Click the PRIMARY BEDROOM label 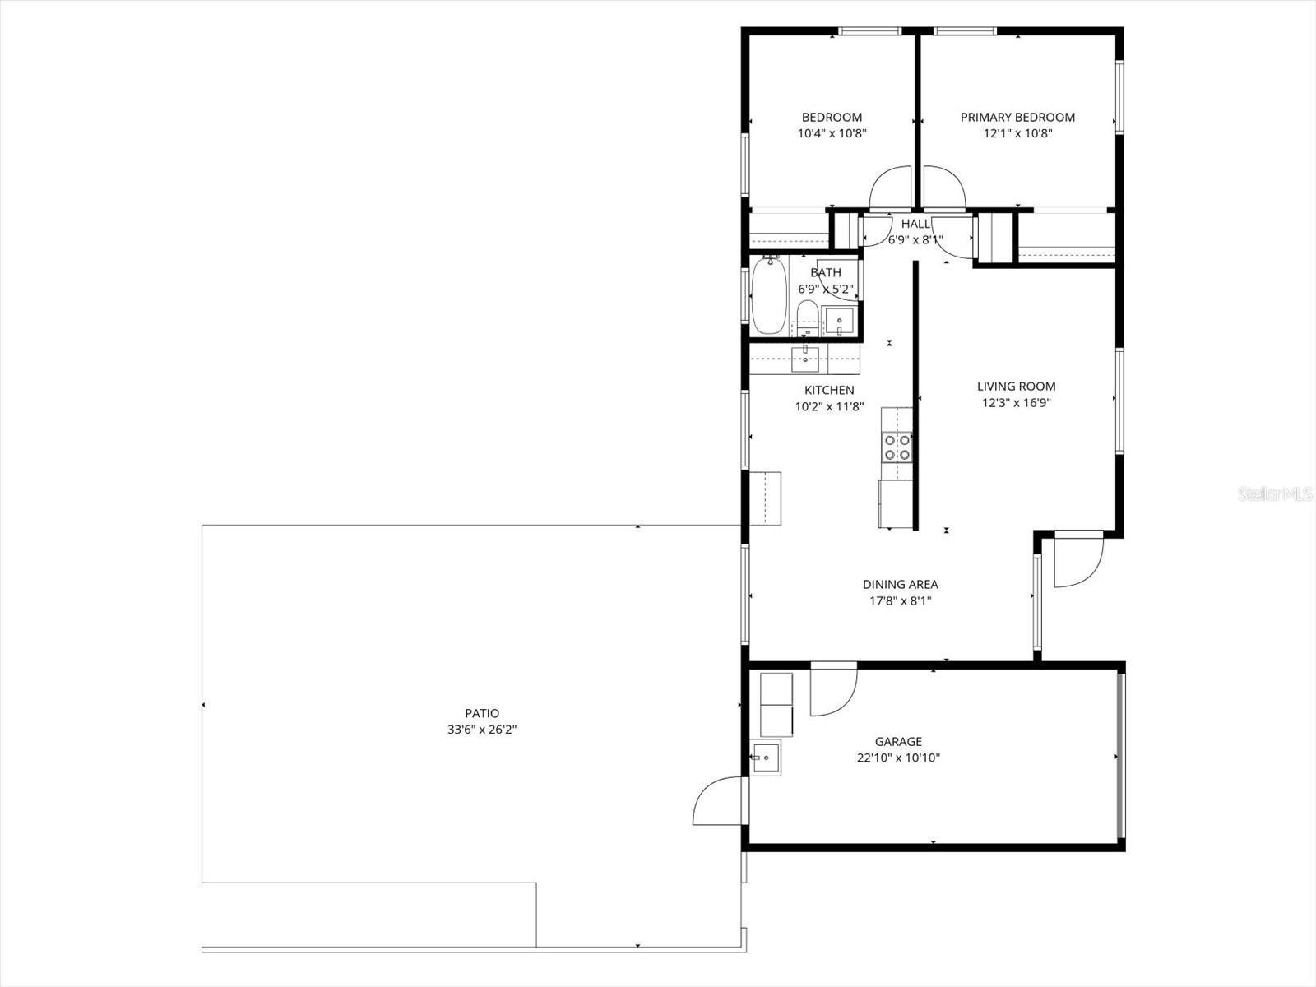[x=1017, y=117]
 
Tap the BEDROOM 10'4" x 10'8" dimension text [x=832, y=133]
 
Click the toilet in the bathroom [x=808, y=317]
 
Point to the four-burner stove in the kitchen [x=897, y=447]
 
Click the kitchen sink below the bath [x=804, y=354]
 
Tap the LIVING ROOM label [x=1016, y=386]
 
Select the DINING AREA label [x=900, y=584]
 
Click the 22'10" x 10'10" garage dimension [x=898, y=758]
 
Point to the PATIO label [x=481, y=713]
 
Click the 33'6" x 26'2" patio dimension [x=481, y=730]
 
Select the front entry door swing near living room [x=1077, y=561]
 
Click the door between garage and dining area [x=832, y=689]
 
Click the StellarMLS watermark [x=1275, y=494]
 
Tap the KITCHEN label [x=828, y=390]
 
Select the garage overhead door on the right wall [x=1119, y=756]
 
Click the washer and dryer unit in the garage [x=776, y=705]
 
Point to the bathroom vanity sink [x=840, y=320]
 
